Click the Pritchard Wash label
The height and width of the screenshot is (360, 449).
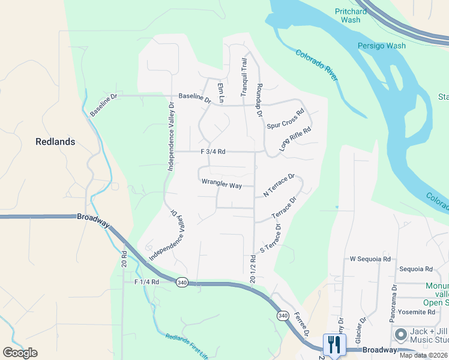click(x=351, y=16)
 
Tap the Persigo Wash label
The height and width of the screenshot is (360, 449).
click(x=382, y=46)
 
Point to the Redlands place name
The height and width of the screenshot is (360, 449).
click(x=55, y=142)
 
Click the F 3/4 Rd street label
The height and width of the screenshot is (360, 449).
click(x=213, y=152)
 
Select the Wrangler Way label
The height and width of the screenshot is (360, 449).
click(x=221, y=185)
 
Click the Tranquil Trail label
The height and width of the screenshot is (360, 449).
click(x=244, y=77)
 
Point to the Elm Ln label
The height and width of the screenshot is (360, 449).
click(x=221, y=92)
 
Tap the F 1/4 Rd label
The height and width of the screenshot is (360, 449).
click(x=146, y=281)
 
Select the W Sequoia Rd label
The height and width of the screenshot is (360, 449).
click(x=370, y=259)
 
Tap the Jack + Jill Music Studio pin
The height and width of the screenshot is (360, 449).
click(x=399, y=334)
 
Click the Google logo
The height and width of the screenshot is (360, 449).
click(x=20, y=352)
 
